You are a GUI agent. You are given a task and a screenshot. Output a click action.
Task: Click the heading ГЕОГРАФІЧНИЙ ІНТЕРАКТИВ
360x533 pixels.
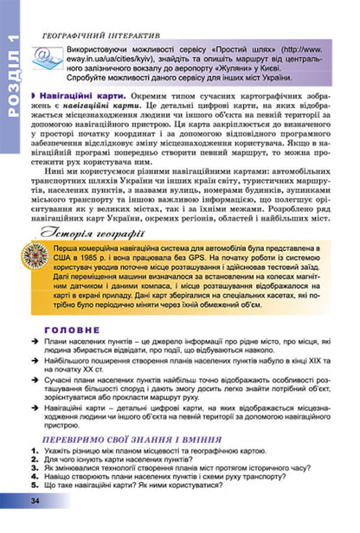click(94, 36)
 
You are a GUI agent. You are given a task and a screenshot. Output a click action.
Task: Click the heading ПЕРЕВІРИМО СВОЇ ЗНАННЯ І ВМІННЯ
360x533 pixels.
click(121, 465)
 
